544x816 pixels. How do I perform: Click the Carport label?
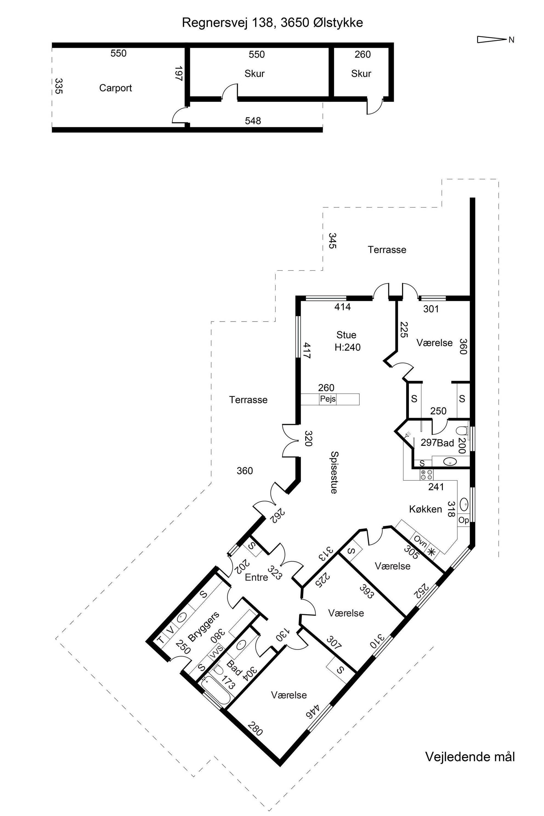pyautogui.click(x=115, y=88)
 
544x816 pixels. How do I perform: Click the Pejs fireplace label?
pyautogui.click(x=328, y=399)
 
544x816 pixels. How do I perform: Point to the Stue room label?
pyautogui.click(x=346, y=335)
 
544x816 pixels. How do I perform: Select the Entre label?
pyautogui.click(x=256, y=577)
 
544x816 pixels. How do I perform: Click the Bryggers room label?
pyautogui.click(x=204, y=626)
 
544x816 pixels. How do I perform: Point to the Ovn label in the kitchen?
pyautogui.click(x=420, y=542)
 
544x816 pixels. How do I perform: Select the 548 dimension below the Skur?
pyautogui.click(x=253, y=121)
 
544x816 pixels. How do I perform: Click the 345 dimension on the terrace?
pyautogui.click(x=332, y=241)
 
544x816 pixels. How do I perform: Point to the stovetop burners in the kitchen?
pyautogui.click(x=427, y=475)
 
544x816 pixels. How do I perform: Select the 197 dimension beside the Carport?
pyautogui.click(x=179, y=73)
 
